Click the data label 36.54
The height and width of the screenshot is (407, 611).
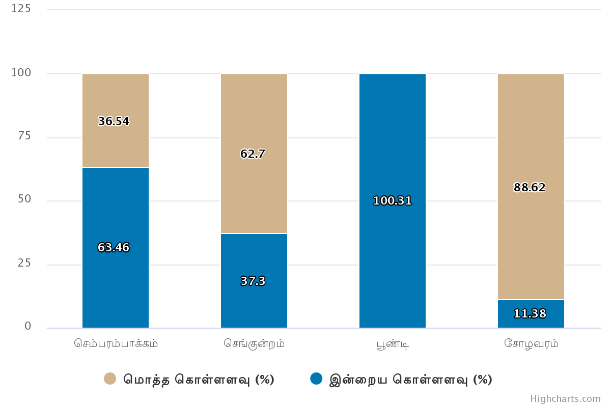pos(114,122)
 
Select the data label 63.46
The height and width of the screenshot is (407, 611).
pos(114,248)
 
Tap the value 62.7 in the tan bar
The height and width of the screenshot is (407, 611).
pos(253,154)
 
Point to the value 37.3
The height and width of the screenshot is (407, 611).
pos(253,281)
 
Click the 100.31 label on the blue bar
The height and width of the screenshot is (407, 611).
pos(392,201)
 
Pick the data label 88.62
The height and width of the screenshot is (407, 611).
pos(530,188)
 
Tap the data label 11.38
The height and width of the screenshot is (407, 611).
pos(530,314)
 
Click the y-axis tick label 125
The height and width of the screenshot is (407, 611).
pos(21,9)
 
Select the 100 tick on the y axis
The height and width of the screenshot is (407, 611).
pos(21,73)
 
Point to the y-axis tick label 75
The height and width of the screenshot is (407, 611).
pos(24,136)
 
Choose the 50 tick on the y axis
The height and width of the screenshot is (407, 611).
pos(24,199)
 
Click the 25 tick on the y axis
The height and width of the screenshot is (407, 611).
pos(24,263)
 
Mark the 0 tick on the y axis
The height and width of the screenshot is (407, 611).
pos(28,327)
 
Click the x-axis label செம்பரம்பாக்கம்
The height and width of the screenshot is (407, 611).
pos(116,343)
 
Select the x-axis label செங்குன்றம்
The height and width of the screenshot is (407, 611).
pos(254,343)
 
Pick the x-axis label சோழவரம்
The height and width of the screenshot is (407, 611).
pos(531,343)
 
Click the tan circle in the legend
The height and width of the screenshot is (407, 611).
pos(110,379)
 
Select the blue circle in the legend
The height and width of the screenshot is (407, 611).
pos(316,379)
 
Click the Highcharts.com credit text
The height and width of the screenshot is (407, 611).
pos(565,399)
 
